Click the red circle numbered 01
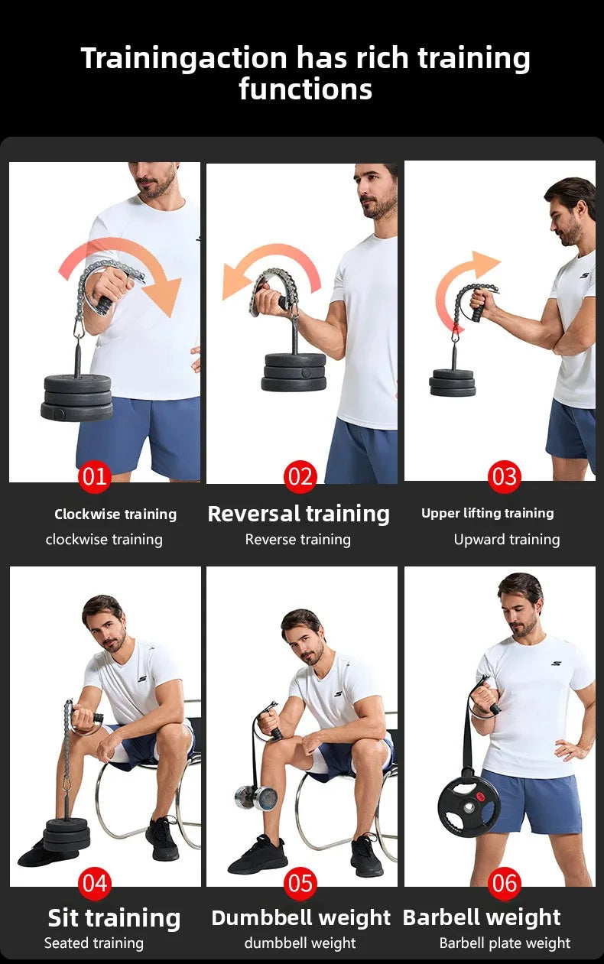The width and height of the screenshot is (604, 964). click(x=95, y=478)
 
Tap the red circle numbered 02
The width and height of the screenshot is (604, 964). click(x=300, y=478)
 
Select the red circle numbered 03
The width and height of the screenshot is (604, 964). click(x=504, y=478)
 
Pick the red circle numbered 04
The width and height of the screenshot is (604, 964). click(x=95, y=884)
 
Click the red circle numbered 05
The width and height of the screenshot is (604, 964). click(x=300, y=884)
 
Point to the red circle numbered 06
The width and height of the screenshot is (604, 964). click(x=504, y=884)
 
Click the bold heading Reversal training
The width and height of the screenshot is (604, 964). click(x=298, y=514)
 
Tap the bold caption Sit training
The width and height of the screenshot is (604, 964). click(x=114, y=917)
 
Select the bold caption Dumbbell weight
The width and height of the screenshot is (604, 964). click(x=300, y=917)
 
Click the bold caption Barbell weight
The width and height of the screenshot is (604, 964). click(x=482, y=917)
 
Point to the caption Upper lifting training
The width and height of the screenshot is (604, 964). click(x=487, y=513)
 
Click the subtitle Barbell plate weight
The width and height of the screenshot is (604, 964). click(x=505, y=943)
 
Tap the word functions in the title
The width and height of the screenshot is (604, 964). click(x=305, y=89)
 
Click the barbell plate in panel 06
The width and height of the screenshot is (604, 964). click(x=469, y=806)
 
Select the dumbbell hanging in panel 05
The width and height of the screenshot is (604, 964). click(x=255, y=797)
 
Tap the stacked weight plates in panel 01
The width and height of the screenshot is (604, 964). click(x=77, y=398)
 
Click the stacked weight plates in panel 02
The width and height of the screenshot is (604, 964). click(x=294, y=372)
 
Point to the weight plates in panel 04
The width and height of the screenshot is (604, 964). click(x=67, y=834)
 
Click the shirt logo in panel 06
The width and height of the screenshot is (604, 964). click(x=556, y=663)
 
